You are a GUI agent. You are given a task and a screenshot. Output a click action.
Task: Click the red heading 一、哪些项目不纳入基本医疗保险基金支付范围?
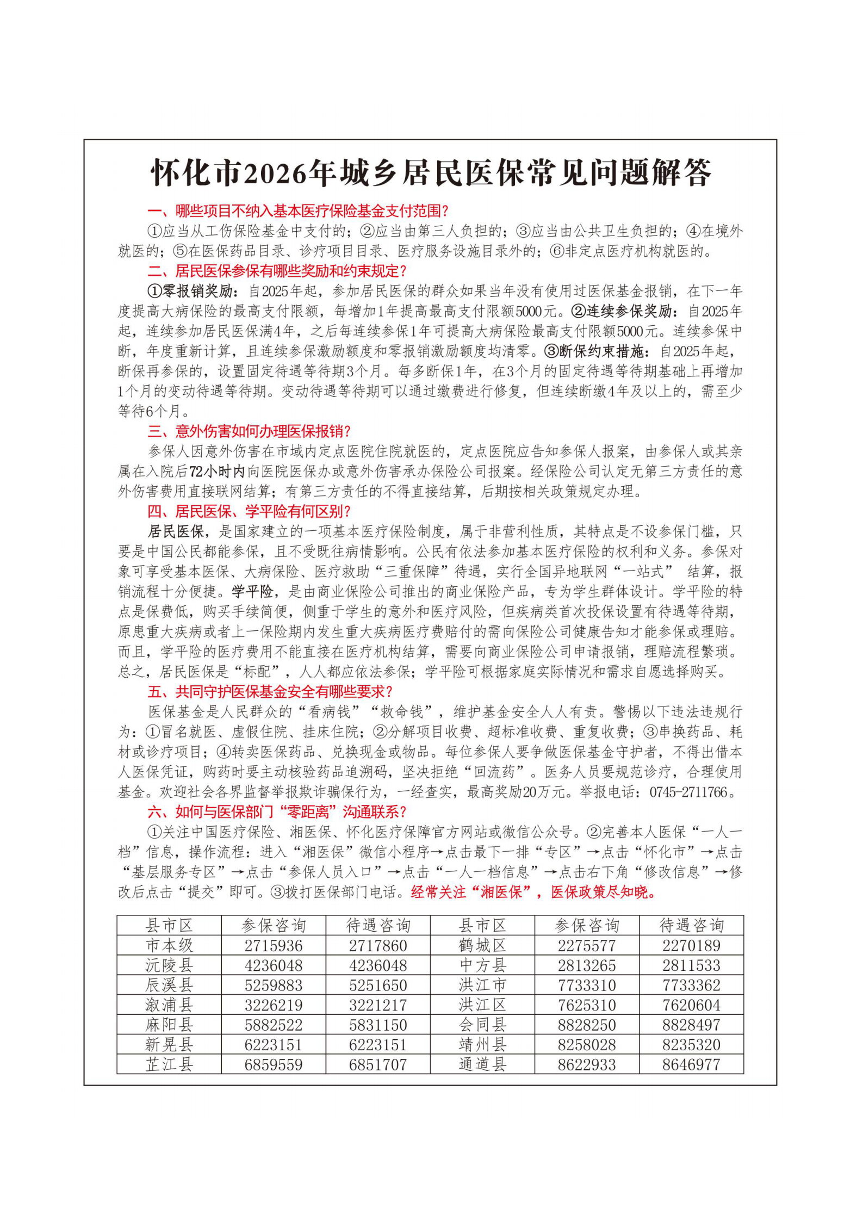pos(297,211)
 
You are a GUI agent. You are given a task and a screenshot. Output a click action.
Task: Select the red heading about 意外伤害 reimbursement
pos(249,431)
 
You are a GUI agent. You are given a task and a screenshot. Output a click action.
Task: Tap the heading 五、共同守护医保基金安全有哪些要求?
pos(270,692)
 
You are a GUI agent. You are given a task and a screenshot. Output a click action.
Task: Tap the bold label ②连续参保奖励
pos(624,311)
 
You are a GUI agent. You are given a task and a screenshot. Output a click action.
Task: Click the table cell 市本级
pos(169,945)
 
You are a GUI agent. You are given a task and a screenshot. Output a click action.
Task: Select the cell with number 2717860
pos(378,945)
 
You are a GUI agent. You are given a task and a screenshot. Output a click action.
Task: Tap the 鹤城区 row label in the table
pos(482,945)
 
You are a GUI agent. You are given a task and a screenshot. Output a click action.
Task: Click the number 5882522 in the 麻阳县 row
pos(274,1025)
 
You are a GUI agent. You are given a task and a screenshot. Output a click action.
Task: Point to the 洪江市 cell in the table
pos(482,985)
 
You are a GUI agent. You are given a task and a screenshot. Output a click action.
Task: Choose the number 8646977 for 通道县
pos(691,1064)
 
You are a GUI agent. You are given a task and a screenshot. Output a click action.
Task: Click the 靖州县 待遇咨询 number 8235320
pos(691,1044)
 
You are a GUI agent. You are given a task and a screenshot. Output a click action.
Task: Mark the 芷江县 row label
pos(169,1064)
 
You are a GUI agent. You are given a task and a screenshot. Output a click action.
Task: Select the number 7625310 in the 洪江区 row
pos(587,1005)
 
